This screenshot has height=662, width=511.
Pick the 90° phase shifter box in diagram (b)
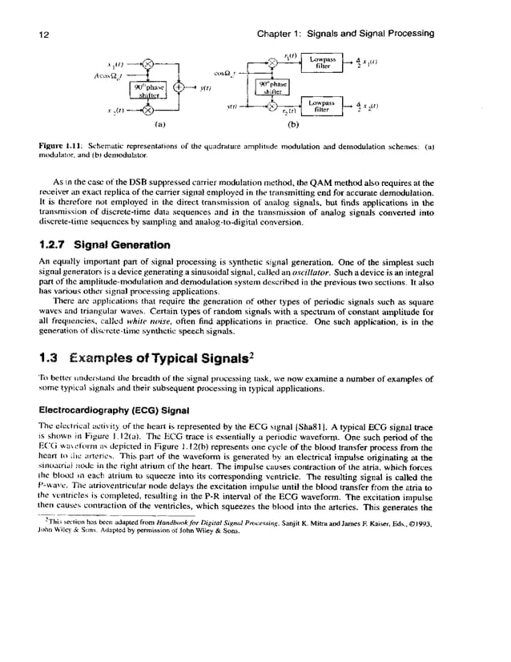pos(271,87)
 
